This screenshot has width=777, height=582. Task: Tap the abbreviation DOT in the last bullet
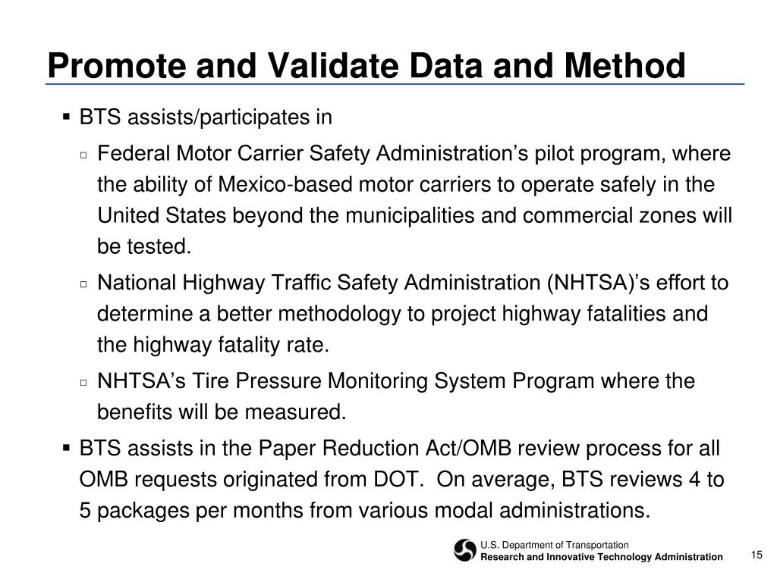[395, 480]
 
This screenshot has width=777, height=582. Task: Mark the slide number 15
[756, 555]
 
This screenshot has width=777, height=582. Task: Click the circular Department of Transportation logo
[465, 551]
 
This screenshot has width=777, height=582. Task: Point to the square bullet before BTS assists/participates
[67, 117]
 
